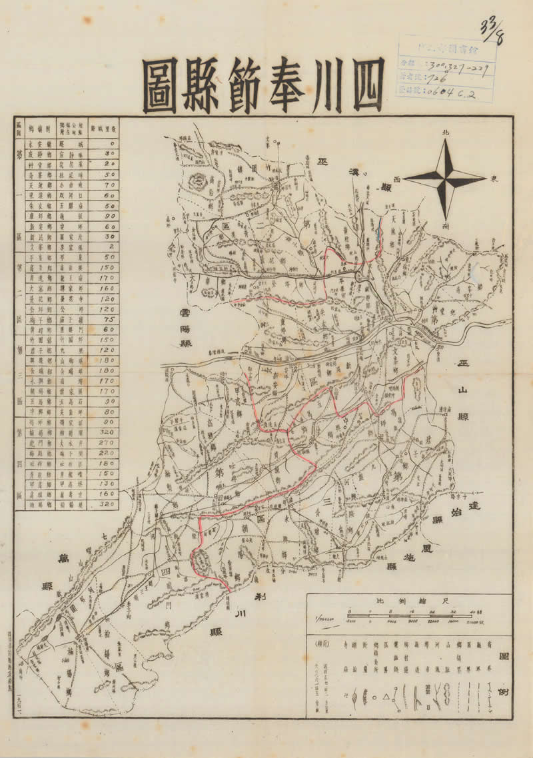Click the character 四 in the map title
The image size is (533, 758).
click(x=359, y=87)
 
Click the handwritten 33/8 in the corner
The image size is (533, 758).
click(x=490, y=31)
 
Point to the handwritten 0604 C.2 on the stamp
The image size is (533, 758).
click(x=458, y=93)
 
